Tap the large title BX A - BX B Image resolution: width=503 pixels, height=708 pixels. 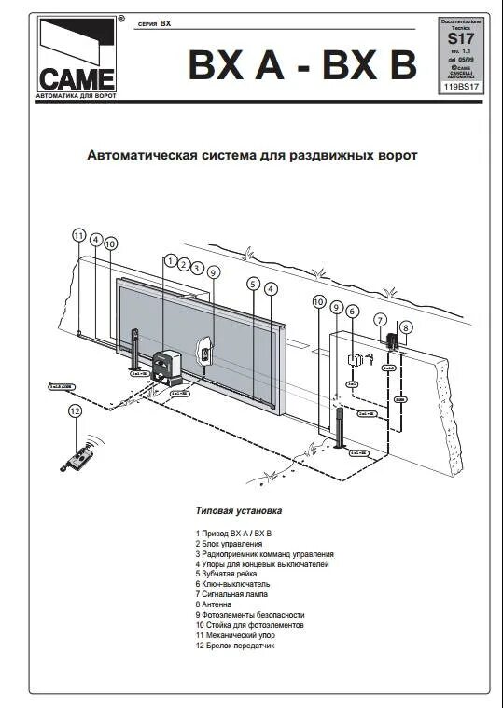click(x=302, y=64)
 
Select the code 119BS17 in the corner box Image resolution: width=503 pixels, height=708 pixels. click(x=462, y=87)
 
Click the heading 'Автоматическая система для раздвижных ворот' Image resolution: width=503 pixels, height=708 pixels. click(x=252, y=155)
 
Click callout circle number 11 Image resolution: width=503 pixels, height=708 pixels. click(x=79, y=236)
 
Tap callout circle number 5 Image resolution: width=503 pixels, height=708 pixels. click(x=253, y=284)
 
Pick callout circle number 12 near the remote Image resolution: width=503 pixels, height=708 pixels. click(x=76, y=410)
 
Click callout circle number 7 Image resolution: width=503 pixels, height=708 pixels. click(x=381, y=320)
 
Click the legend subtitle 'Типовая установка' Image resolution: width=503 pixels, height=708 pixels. click(x=239, y=511)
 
